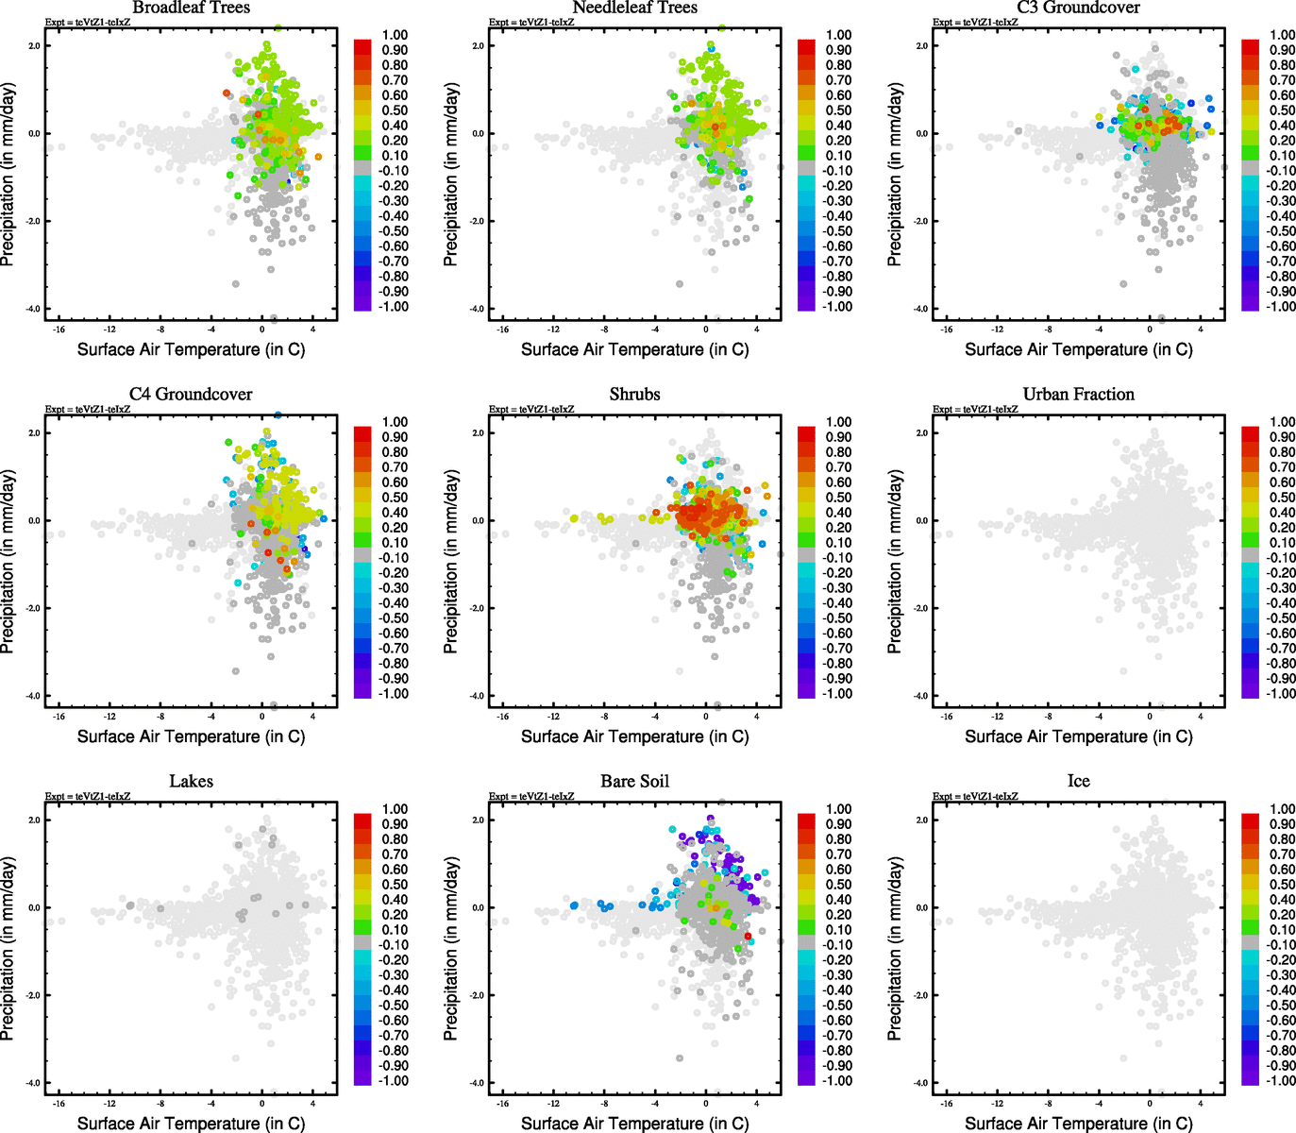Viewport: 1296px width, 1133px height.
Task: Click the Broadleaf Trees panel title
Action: (191, 8)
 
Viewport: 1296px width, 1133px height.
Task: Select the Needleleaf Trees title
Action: (634, 8)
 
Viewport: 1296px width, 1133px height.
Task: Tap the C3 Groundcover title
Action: (1078, 8)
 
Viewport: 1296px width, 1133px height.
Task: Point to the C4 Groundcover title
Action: (191, 395)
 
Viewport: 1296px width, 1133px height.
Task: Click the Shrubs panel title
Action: (634, 395)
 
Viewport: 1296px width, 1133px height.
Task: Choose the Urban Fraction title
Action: (1078, 395)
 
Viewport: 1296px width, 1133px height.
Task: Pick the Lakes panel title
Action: (191, 782)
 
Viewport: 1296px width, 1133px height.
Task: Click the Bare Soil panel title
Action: (634, 782)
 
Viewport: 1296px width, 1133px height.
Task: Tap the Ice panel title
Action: (1078, 782)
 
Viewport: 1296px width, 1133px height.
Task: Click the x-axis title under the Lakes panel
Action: (191, 1124)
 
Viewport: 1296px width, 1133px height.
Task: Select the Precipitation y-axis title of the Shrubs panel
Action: (451, 563)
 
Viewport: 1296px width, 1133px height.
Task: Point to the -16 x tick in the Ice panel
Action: (947, 1104)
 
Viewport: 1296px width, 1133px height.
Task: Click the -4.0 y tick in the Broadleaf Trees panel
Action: (34, 309)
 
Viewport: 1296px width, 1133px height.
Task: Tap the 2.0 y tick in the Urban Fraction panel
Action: (921, 432)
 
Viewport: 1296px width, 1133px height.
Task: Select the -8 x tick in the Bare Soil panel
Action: (604, 1104)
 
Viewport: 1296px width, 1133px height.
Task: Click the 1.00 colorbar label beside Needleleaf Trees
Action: (838, 35)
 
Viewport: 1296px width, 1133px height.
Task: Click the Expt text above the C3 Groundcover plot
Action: (975, 22)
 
